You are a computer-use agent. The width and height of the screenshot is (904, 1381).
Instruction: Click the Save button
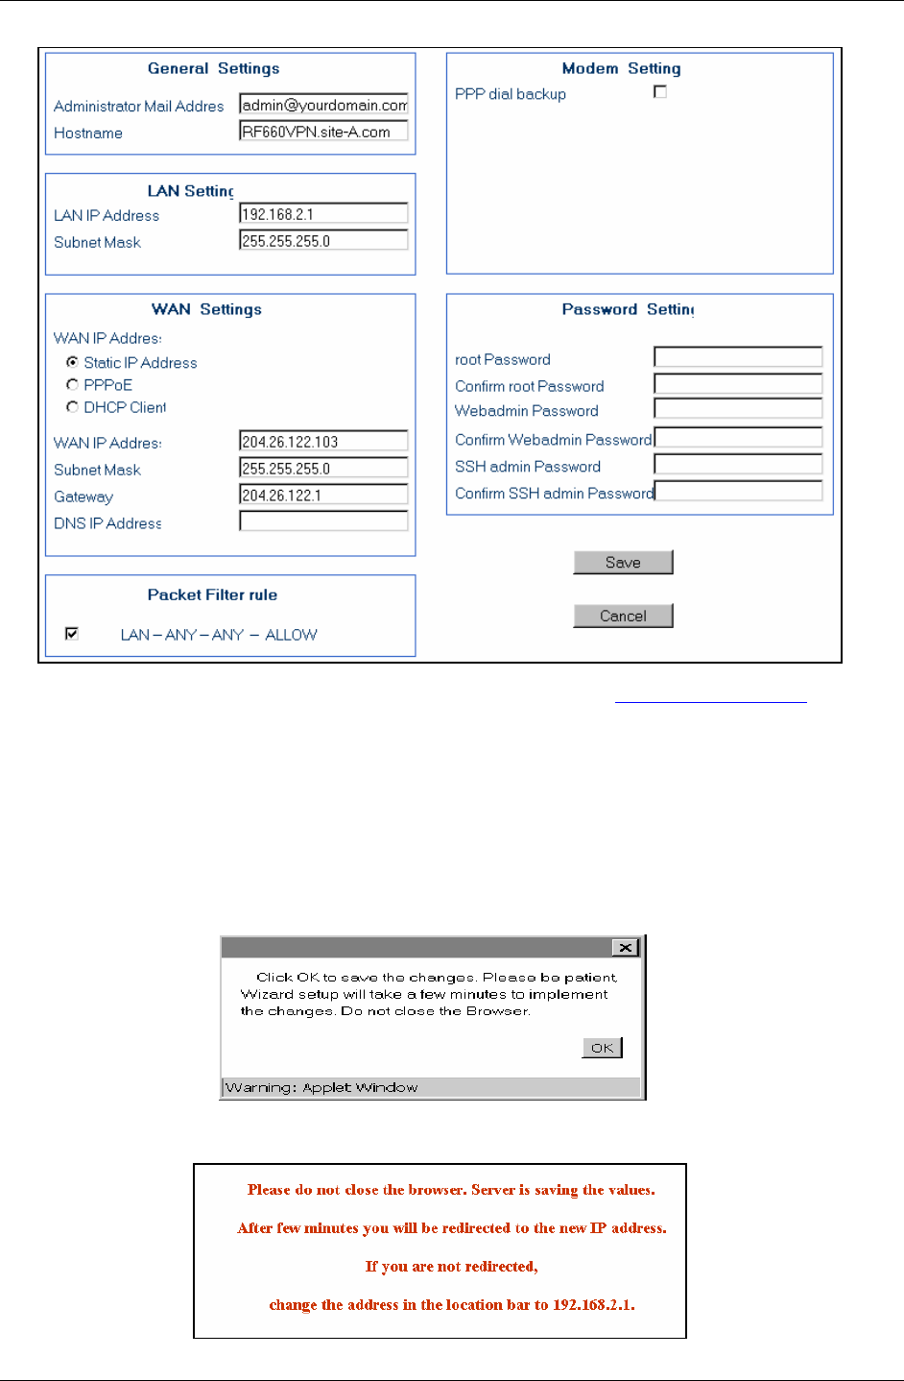tap(623, 563)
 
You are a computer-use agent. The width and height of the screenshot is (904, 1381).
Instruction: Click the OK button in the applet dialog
tap(602, 1048)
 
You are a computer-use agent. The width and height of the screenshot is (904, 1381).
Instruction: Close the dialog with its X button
tap(626, 948)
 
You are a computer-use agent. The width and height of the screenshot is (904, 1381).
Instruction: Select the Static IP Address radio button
tap(72, 362)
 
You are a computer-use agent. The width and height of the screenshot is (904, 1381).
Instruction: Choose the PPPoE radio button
tap(72, 384)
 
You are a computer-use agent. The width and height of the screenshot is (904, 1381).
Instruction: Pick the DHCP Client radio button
tap(72, 407)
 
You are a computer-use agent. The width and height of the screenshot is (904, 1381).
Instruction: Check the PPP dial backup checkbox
tap(660, 92)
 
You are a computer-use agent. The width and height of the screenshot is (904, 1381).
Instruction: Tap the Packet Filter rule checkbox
tap(72, 634)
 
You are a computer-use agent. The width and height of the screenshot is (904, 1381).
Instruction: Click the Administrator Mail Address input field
tap(323, 105)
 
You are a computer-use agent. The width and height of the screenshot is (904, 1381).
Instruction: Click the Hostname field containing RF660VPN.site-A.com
tap(323, 132)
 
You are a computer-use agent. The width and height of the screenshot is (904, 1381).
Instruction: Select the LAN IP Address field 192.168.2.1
tap(323, 214)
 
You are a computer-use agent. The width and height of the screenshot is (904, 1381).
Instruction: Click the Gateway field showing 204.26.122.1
tap(323, 496)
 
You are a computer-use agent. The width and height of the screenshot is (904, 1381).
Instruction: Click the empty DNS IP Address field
tap(323, 521)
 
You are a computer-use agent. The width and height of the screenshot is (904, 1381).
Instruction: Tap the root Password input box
tap(738, 357)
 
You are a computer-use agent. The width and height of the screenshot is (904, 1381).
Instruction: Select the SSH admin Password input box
tap(738, 465)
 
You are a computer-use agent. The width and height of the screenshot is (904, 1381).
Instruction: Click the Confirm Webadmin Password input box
tap(738, 438)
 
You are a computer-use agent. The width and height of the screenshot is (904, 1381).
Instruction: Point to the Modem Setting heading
tap(621, 68)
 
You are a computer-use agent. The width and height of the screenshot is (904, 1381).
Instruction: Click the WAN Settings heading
tap(206, 309)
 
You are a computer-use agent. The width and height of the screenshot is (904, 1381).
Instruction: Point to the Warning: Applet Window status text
tap(321, 1087)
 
